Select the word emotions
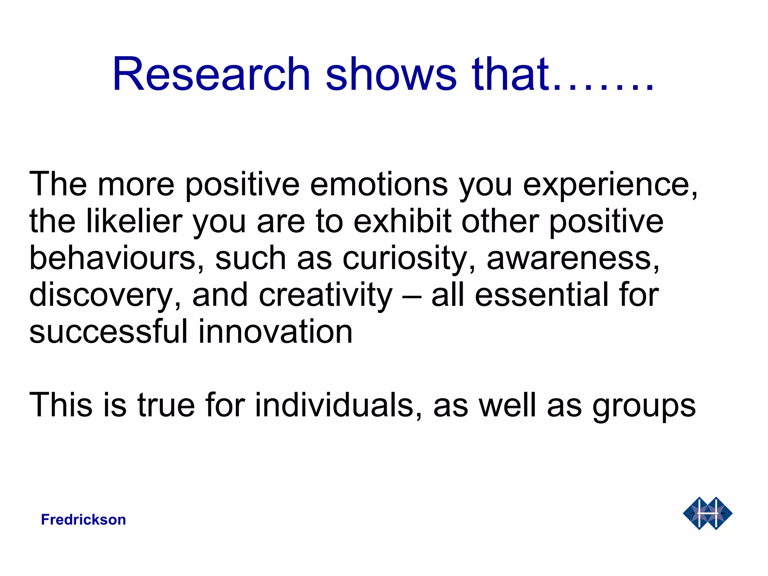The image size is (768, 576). coord(379,184)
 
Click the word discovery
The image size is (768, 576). coord(101,295)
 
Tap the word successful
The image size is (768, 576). coord(108,331)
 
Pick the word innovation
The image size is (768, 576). coord(275,331)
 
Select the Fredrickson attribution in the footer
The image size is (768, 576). coord(83,520)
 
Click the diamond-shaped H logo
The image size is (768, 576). coord(707,513)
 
